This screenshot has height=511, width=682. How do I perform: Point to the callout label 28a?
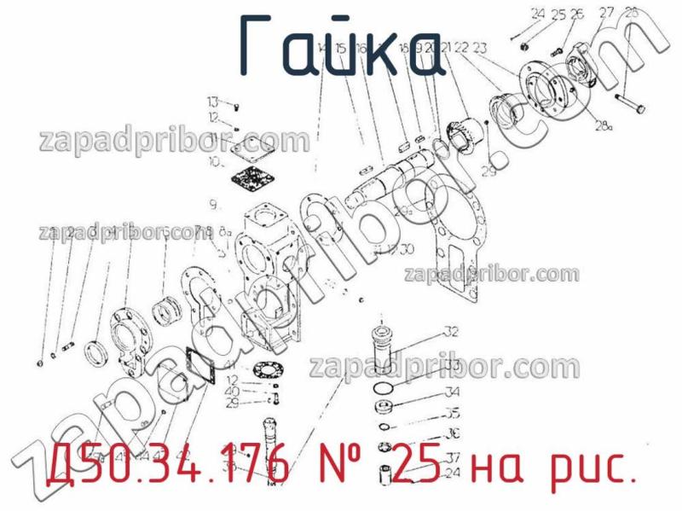click(x=604, y=126)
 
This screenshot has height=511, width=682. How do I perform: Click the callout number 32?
click(x=451, y=332)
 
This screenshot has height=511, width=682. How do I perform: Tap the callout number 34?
click(x=452, y=392)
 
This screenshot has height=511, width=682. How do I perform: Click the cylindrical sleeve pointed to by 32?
click(x=381, y=347)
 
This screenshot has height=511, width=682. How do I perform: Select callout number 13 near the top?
click(x=212, y=102)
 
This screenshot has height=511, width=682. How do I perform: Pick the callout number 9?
click(x=214, y=204)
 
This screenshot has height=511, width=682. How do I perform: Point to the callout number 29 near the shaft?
click(x=488, y=171)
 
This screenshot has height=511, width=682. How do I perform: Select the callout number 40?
click(x=232, y=392)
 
